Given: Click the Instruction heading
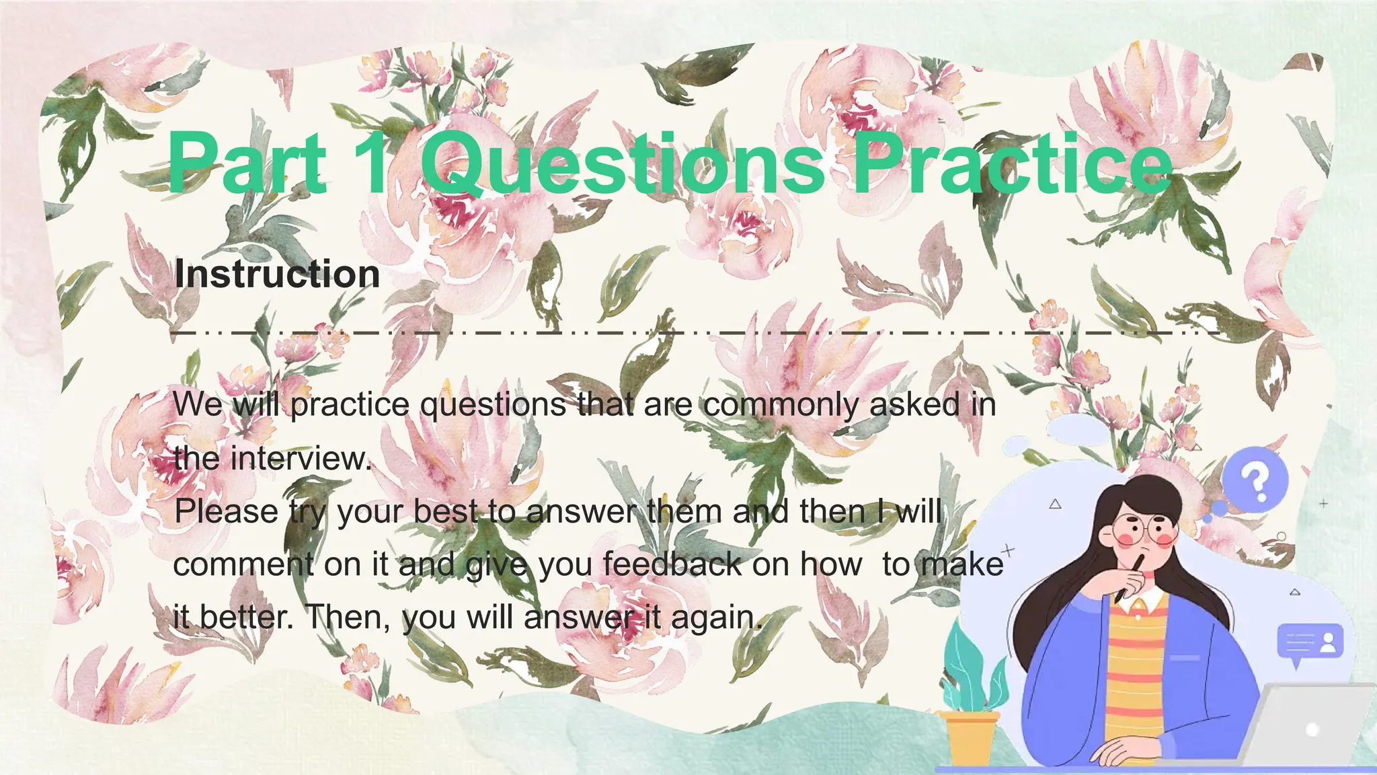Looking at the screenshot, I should (x=277, y=274).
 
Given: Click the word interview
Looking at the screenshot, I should (x=301, y=459).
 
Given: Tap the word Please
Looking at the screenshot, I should (x=227, y=511).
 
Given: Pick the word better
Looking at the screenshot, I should (x=247, y=617).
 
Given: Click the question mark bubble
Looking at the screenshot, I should (x=1255, y=480).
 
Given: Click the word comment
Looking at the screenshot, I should (x=243, y=564).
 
